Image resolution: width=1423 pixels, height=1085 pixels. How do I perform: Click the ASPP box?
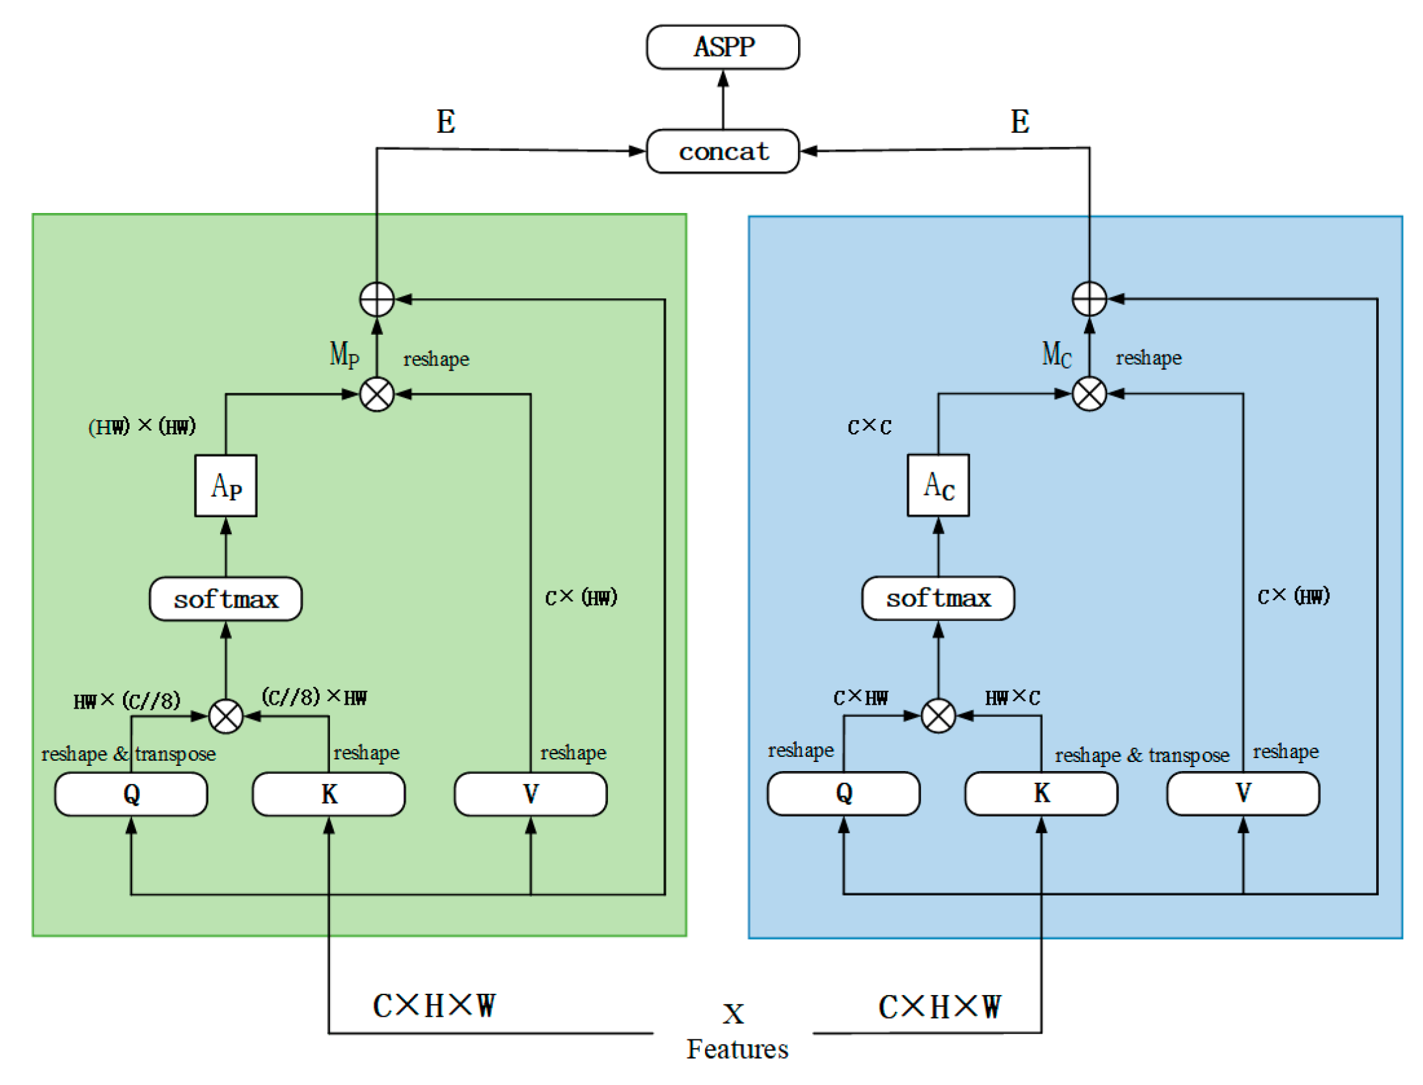click(x=722, y=47)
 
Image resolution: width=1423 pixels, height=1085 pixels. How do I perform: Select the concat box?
click(x=722, y=151)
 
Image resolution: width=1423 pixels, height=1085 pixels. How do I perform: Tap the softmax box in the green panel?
click(x=225, y=598)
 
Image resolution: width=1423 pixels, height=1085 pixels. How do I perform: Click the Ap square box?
click(x=225, y=485)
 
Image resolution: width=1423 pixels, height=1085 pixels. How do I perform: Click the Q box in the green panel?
click(x=131, y=793)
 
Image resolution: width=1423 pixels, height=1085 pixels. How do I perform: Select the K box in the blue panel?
click(x=1040, y=793)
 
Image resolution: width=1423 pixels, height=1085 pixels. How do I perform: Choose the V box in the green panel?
click(x=530, y=793)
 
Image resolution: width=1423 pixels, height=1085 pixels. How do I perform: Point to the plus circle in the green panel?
click(x=376, y=299)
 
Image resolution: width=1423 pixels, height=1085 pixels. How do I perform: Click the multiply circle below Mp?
click(x=376, y=393)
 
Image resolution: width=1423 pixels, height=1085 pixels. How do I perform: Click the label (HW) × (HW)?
click(x=142, y=426)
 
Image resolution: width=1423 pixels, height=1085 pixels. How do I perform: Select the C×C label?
click(x=868, y=426)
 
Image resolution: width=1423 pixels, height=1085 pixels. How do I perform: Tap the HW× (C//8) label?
click(x=126, y=700)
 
